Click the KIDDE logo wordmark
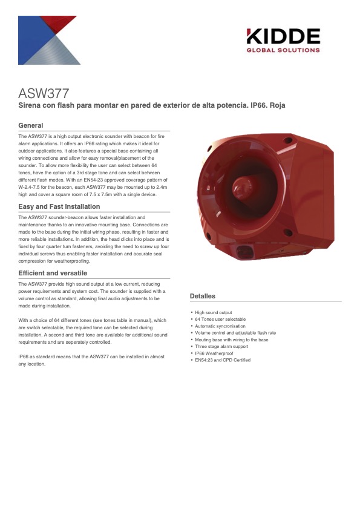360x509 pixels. click(283, 36)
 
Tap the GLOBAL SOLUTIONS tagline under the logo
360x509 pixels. click(283, 50)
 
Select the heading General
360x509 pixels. click(31, 125)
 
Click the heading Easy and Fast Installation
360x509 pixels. click(59, 206)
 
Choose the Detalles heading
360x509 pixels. click(203, 296)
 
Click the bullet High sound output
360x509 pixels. click(213, 313)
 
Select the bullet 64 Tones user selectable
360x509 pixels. click(220, 320)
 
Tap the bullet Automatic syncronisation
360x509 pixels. click(220, 326)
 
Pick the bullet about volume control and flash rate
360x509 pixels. click(235, 333)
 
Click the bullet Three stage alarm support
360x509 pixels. click(221, 346)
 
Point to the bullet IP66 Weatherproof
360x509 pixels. click(214, 353)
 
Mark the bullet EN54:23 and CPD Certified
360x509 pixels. click(223, 360)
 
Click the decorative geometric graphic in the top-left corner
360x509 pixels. click(49, 40)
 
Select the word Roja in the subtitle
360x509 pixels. click(277, 105)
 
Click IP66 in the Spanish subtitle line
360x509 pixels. click(254, 105)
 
